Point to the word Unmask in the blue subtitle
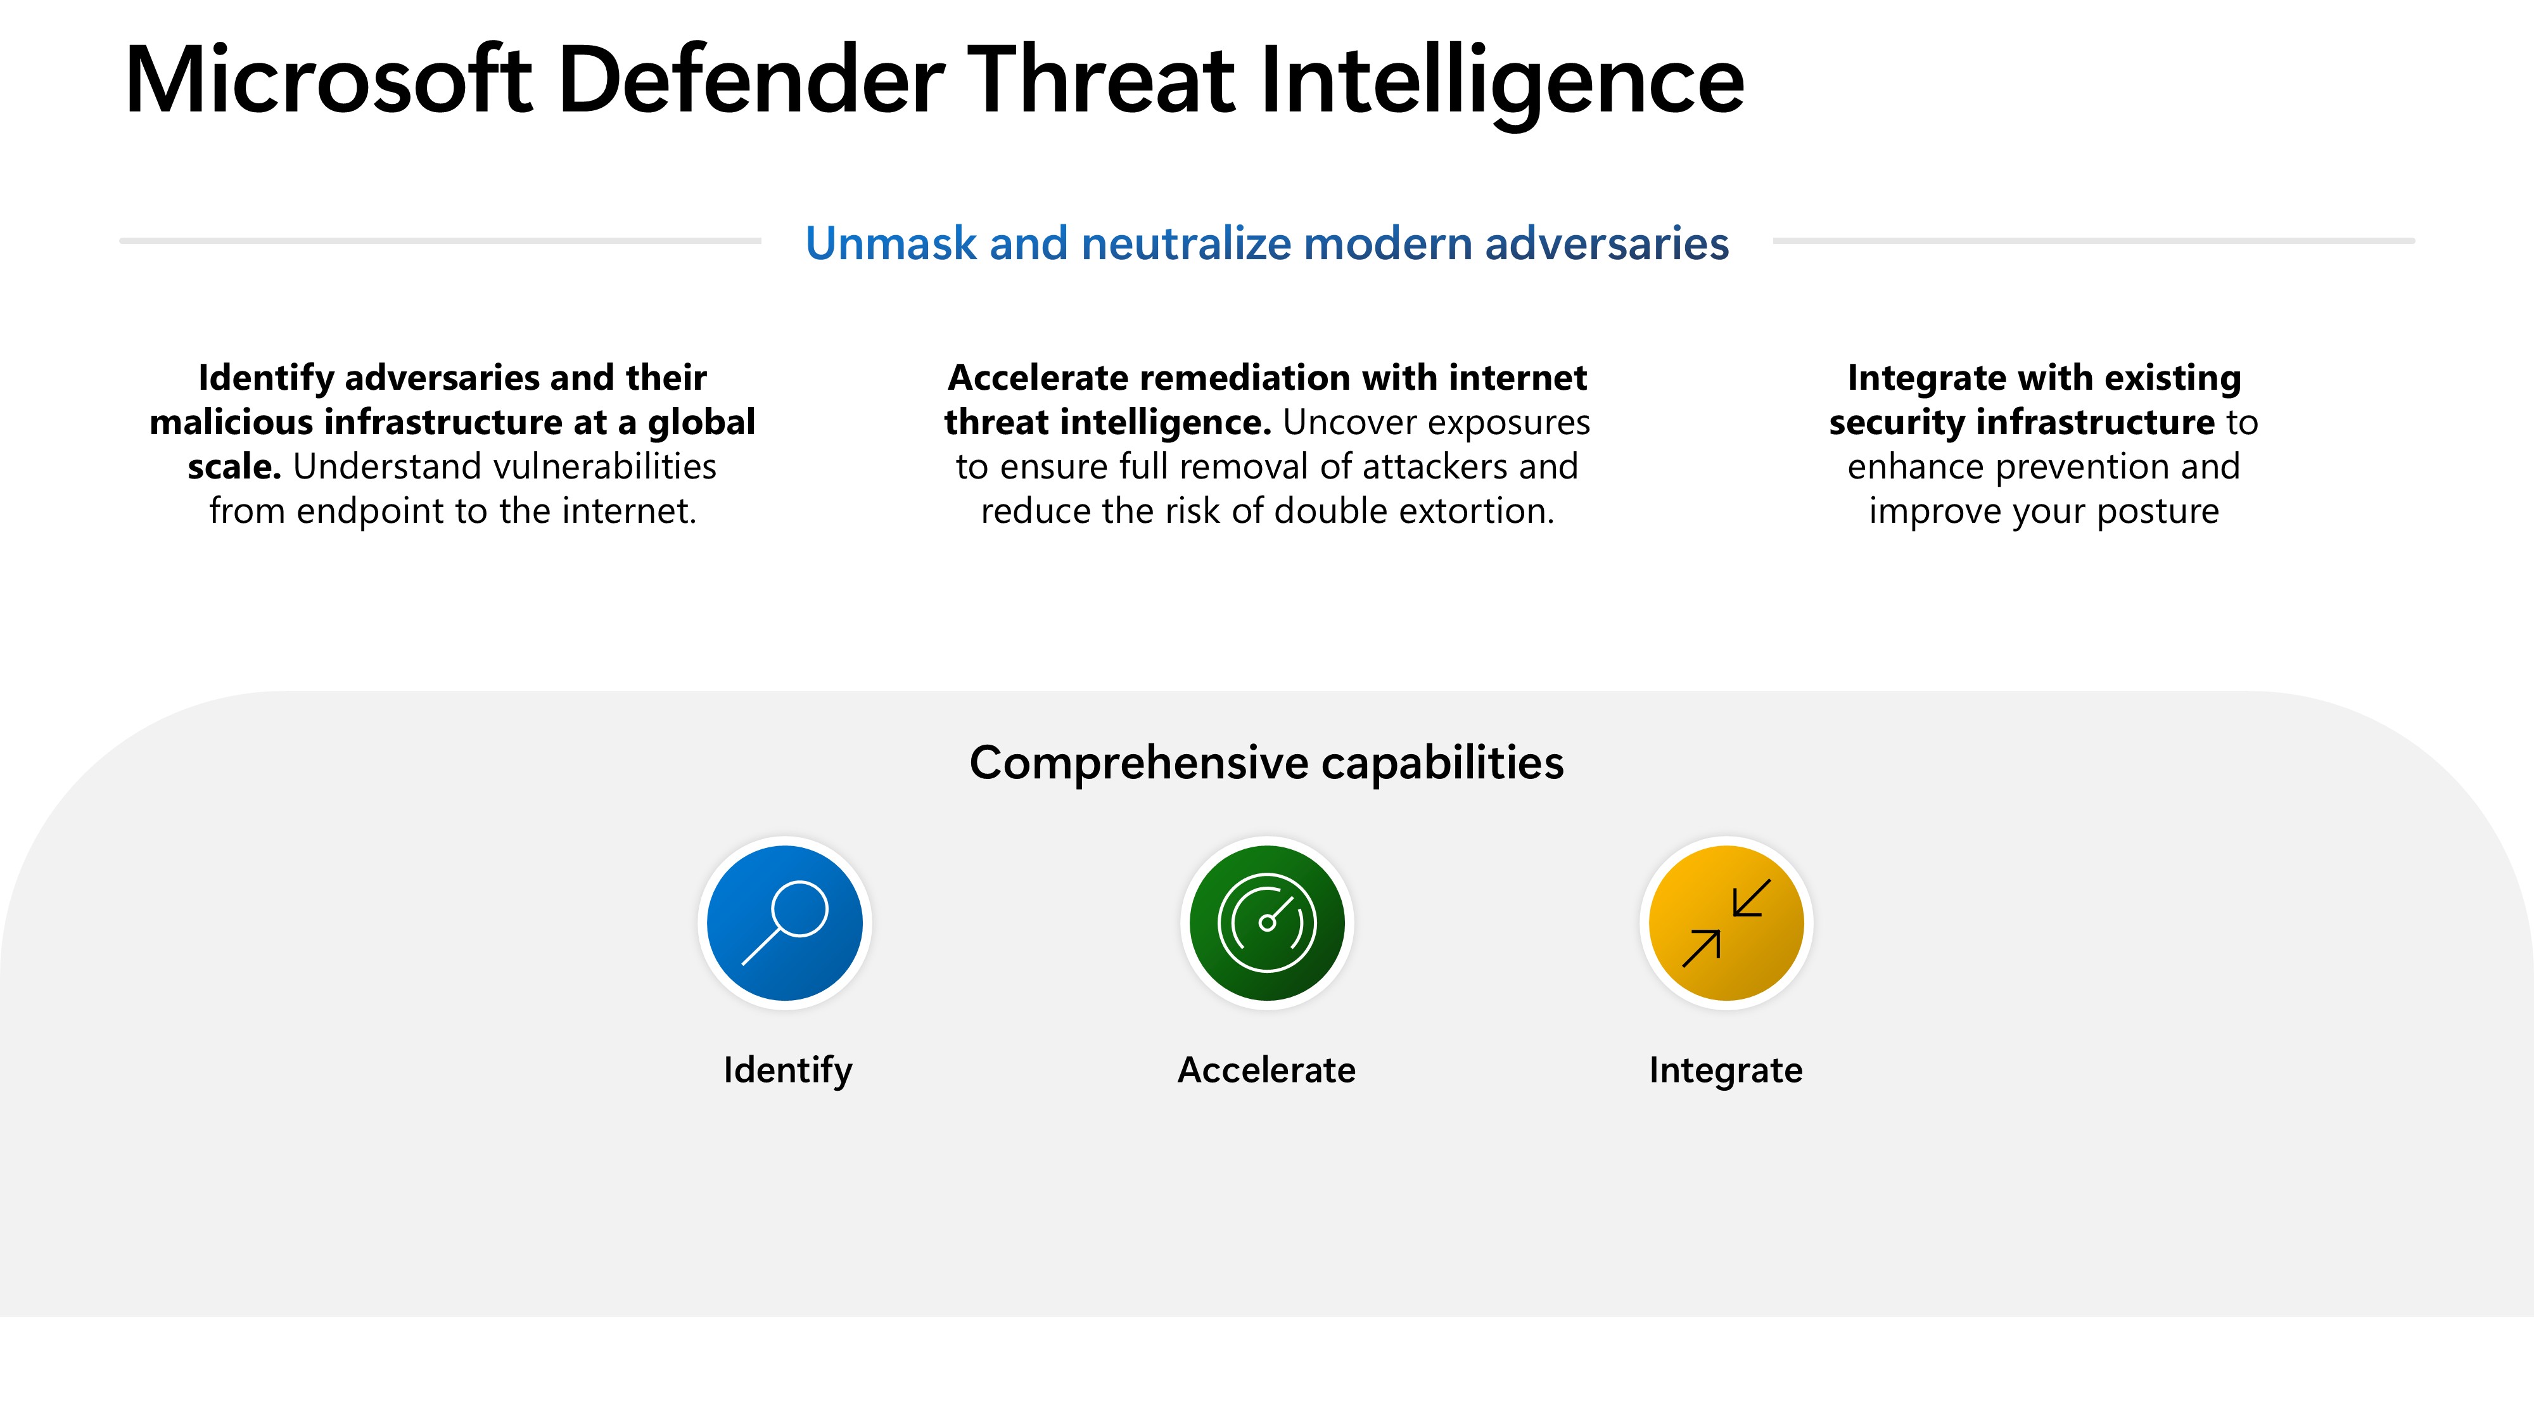click(890, 243)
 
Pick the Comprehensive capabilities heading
click(1266, 762)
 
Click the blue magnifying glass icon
click(785, 923)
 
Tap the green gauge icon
click(1267, 923)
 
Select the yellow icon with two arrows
click(1726, 923)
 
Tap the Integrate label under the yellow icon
click(1726, 1070)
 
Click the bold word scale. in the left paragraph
click(234, 466)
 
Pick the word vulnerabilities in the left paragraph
click(604, 466)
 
